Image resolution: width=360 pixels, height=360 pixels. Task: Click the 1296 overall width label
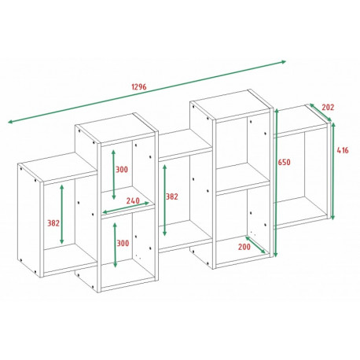(139, 86)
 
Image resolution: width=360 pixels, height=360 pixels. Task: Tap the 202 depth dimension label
(328, 108)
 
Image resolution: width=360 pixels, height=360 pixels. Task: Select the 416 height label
(343, 150)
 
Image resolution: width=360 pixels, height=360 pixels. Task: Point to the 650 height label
(285, 163)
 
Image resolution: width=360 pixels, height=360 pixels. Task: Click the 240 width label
(133, 201)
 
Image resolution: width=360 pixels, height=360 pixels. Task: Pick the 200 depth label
(244, 247)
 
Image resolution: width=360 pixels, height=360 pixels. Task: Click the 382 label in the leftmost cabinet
(53, 223)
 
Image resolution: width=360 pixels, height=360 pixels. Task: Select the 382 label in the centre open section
(172, 197)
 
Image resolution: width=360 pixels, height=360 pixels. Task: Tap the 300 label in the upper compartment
(122, 170)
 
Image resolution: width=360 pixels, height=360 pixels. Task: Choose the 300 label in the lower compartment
(123, 243)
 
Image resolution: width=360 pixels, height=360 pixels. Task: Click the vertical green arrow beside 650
(275, 183)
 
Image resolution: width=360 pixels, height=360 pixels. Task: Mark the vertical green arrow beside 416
(332, 171)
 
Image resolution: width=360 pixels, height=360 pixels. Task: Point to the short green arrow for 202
(321, 112)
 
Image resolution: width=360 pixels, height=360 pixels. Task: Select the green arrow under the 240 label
(126, 208)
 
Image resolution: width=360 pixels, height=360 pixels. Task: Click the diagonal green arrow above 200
(255, 245)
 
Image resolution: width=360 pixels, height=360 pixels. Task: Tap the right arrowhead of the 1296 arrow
(284, 62)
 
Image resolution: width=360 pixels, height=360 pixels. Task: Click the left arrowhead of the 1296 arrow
(10, 122)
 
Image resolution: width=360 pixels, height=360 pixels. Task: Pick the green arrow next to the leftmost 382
(62, 214)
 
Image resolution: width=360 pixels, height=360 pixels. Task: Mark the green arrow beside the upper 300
(113, 174)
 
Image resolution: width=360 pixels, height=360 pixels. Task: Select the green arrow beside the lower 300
(115, 245)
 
